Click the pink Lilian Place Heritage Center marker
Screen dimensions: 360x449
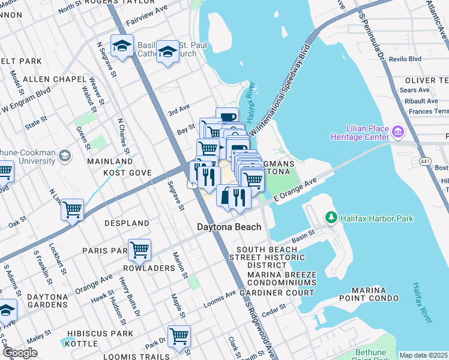397,131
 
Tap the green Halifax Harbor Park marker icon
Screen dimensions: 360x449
330,217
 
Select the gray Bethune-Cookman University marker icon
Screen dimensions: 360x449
65,156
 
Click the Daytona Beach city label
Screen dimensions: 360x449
230,227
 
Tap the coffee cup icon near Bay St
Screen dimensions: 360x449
228,118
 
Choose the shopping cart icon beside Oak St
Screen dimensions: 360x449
72,209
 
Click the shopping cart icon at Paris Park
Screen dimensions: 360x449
139,249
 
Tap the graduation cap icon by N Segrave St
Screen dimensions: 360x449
122,46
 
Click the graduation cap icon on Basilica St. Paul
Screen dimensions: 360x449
167,50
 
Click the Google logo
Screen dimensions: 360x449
20,353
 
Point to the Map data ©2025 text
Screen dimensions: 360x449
423,355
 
